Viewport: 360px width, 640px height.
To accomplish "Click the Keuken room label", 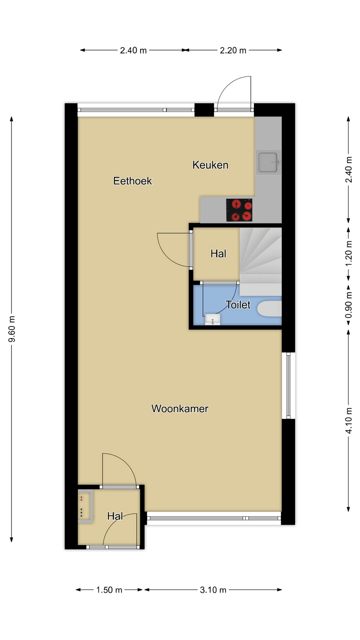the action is click(210, 165).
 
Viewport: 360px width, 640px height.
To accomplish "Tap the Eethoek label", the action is click(133, 181).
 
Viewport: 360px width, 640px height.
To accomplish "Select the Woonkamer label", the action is click(180, 409).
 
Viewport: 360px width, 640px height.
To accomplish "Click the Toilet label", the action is click(238, 305).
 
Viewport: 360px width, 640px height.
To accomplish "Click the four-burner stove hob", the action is click(239, 210).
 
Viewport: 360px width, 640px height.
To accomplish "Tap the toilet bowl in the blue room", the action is click(269, 309).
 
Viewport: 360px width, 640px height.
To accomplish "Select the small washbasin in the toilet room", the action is click(212, 319).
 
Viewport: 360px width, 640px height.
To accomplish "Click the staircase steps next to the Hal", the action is click(261, 262).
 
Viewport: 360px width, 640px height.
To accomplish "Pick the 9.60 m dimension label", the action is click(12, 329).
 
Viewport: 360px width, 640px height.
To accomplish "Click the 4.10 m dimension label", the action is click(349, 421).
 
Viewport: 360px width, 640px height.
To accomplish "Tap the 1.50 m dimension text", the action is click(109, 590).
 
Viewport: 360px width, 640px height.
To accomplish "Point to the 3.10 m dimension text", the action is click(213, 590).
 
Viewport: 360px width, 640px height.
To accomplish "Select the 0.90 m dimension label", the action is click(349, 305).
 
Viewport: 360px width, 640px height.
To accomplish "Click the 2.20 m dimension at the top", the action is click(233, 50).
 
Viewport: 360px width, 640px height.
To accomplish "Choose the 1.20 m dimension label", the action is click(349, 254).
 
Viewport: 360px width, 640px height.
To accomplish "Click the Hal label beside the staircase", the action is click(218, 254).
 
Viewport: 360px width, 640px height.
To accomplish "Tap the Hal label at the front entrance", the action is click(115, 516).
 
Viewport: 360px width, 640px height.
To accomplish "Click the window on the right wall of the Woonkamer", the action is click(288, 385).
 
